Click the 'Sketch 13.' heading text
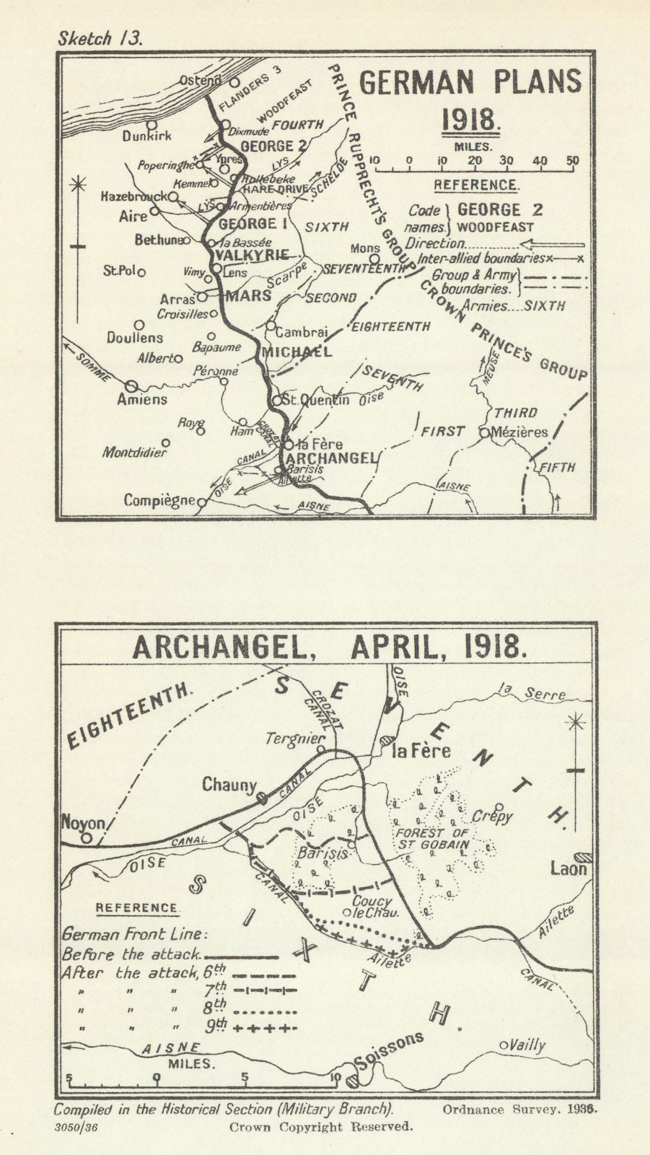[101, 38]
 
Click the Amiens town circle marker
[133, 386]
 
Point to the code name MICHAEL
[297, 352]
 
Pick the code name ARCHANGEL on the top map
[330, 458]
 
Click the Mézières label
[518, 433]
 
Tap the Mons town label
[365, 248]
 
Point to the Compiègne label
[159, 500]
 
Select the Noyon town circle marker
[87, 838]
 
